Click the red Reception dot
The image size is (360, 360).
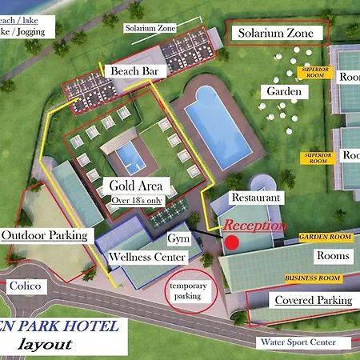pyautogui.click(x=232, y=242)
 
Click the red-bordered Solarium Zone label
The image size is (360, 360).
pyautogui.click(x=281, y=34)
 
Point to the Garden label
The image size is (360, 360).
pyautogui.click(x=283, y=92)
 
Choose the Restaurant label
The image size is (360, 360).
pyautogui.click(x=255, y=197)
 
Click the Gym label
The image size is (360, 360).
pyautogui.click(x=178, y=239)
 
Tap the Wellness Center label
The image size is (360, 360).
pyautogui.click(x=148, y=257)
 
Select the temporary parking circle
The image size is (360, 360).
pyautogui.click(x=190, y=291)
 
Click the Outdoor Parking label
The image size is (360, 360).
pyautogui.click(x=47, y=235)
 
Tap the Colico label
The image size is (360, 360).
pyautogui.click(x=26, y=285)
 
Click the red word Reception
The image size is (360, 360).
pyautogui.click(x=254, y=226)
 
